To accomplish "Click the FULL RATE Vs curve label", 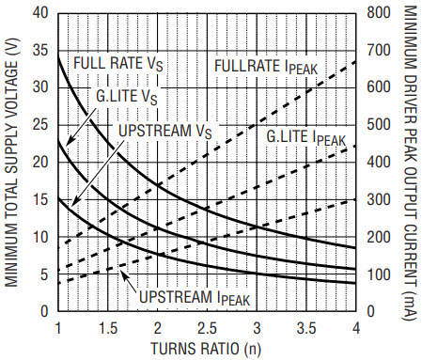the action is (118, 64).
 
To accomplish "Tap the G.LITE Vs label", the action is (127, 97).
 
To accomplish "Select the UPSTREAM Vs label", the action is (165, 131).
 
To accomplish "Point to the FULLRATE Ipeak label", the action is (266, 67).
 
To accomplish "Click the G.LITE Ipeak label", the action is (305, 137).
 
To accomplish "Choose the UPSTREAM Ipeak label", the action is (195, 298).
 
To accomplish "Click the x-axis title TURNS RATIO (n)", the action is (206, 349).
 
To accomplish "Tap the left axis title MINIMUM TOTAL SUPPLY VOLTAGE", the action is (11, 163).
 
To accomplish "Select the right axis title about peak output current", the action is (410, 163).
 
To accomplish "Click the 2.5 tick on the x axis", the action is (207, 328).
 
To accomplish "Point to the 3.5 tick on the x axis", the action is (306, 328).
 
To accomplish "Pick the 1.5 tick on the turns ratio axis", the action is (108, 328).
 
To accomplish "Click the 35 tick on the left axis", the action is (40, 51).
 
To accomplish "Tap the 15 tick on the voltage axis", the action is (40, 199).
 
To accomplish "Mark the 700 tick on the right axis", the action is (379, 51).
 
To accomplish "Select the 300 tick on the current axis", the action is (379, 199).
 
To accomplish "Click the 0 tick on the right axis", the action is (371, 311).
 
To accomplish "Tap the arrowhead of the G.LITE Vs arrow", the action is (70, 141).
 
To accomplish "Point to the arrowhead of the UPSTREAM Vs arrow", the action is (74, 202).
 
